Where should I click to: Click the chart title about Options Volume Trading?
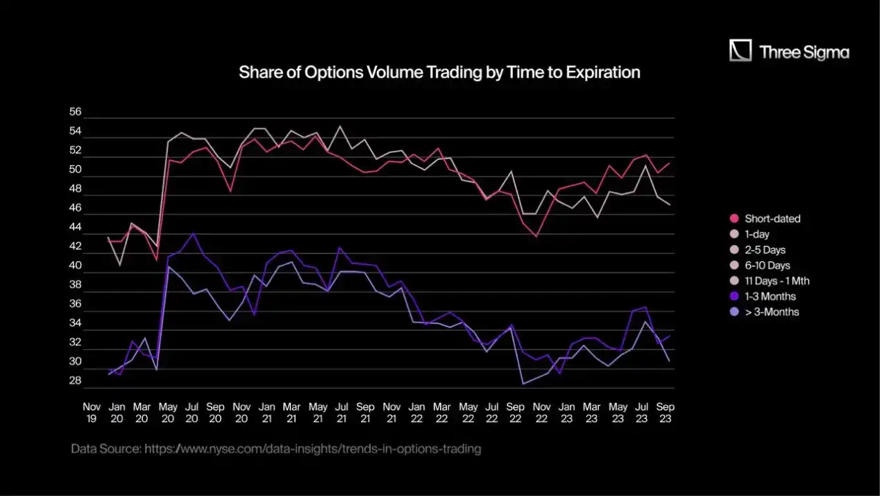[439, 72]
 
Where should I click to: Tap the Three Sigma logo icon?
[741, 51]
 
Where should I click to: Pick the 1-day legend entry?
[756, 234]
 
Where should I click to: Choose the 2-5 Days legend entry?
[765, 250]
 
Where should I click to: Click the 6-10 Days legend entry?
[767, 265]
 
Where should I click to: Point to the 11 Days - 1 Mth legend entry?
[777, 281]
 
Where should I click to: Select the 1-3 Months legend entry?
[770, 297]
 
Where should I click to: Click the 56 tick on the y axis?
[76, 113]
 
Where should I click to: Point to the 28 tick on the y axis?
[76, 381]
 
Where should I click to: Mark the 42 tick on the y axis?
[76, 247]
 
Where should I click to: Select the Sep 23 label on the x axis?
[666, 413]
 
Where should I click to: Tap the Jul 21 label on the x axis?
[341, 413]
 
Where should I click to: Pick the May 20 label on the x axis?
[167, 413]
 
